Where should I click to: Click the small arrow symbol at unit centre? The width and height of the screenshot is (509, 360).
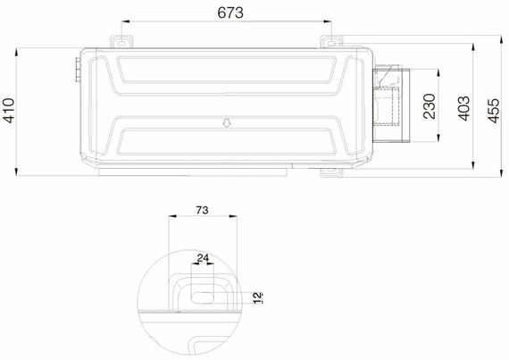pos(226,125)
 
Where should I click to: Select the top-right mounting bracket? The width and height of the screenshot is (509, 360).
pos(332,41)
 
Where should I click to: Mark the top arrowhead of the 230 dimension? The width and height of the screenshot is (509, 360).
pos(444,71)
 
